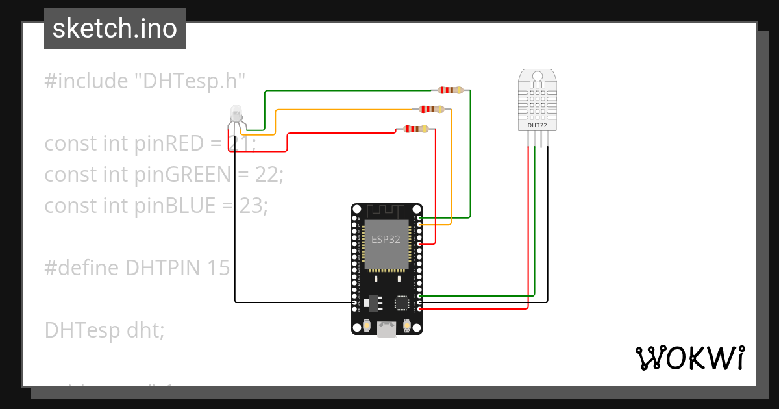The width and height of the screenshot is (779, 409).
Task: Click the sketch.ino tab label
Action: coord(115,29)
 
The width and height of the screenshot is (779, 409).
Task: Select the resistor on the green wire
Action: coord(451,90)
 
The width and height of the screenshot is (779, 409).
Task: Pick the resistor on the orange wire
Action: coord(432,109)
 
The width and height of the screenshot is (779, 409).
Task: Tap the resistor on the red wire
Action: coord(415,129)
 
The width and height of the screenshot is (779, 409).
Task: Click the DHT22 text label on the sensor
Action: coord(536,125)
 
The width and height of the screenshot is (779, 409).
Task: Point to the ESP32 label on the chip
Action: coord(386,239)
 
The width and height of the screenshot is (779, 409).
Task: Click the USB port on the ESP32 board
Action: coord(387,329)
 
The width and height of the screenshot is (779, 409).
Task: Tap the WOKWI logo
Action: coord(689,358)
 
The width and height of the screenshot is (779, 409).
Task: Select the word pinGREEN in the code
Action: coord(182,175)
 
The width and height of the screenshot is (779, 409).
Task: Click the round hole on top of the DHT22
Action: coord(537,77)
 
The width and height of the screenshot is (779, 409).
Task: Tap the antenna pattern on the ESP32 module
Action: coord(386,212)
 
